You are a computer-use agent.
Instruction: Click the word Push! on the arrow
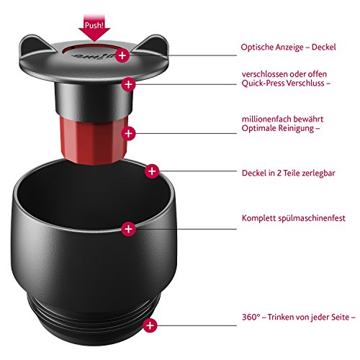(94, 25)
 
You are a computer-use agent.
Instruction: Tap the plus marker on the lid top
(122, 55)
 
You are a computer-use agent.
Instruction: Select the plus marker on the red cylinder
(129, 133)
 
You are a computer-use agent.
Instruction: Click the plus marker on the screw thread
(150, 325)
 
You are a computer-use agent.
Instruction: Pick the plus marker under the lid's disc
(129, 84)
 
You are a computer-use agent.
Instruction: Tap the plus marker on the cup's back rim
(152, 171)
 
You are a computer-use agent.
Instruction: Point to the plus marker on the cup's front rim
(129, 229)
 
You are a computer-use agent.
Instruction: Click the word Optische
(256, 47)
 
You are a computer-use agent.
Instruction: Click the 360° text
(251, 317)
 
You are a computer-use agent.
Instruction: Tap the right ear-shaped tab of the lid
(153, 45)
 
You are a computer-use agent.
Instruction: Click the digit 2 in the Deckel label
(279, 173)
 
